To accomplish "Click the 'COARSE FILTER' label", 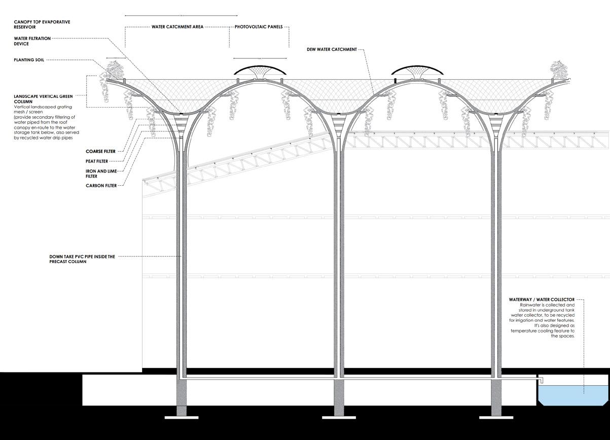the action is coord(100,151).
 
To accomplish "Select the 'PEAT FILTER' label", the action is coord(97,161).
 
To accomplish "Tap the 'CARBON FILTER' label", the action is coord(101,186).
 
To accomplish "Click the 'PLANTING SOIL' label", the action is coord(29,60).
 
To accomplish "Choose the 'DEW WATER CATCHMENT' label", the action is coord(332,50).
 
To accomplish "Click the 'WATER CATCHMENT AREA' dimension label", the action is coord(177,27).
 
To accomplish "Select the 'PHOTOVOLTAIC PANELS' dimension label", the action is coord(259,27).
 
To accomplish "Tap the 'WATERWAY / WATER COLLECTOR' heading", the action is coord(542,300).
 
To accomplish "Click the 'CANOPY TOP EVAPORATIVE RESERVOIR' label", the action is coord(42,24).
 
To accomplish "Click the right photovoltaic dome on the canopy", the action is coord(419,70).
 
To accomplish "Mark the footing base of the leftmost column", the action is coord(181,417).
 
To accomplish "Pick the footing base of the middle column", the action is coord(339,417).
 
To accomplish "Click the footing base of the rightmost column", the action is coord(496,417).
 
